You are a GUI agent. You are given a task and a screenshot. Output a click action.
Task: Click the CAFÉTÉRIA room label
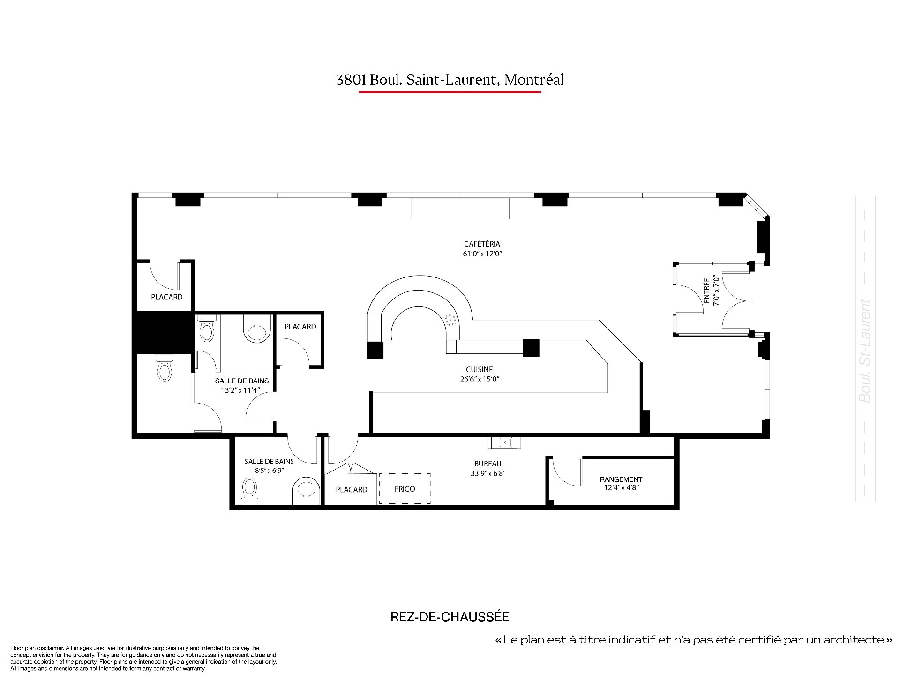(482, 244)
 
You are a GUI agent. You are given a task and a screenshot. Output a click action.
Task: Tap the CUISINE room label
(480, 369)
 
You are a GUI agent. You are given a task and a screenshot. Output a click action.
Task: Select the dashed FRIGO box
(405, 488)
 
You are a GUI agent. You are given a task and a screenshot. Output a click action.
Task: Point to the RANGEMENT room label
(621, 479)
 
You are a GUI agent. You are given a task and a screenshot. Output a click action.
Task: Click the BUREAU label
(487, 463)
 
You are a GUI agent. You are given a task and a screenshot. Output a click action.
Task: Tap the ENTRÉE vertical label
(706, 291)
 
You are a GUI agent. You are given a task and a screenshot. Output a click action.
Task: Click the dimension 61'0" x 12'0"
(482, 254)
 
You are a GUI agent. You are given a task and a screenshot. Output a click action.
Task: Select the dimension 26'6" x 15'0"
(480, 379)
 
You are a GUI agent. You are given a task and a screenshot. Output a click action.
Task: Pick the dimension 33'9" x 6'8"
(488, 473)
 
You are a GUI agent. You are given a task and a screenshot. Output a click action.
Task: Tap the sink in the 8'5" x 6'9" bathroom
(306, 492)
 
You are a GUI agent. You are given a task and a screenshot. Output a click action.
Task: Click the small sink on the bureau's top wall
(504, 442)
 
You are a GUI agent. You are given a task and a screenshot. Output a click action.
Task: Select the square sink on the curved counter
(451, 320)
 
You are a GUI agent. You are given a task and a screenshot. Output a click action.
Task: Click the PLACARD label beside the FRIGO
(352, 490)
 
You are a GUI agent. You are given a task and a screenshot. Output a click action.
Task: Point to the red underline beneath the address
(450, 92)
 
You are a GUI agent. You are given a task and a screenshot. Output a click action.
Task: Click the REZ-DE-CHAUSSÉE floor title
(450, 617)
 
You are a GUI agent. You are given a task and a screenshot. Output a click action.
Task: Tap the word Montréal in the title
(534, 80)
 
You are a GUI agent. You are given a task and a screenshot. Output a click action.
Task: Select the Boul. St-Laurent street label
(865, 351)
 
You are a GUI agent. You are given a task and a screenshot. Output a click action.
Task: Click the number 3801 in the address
(351, 80)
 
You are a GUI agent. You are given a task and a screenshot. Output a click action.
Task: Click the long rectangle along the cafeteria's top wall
(460, 209)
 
